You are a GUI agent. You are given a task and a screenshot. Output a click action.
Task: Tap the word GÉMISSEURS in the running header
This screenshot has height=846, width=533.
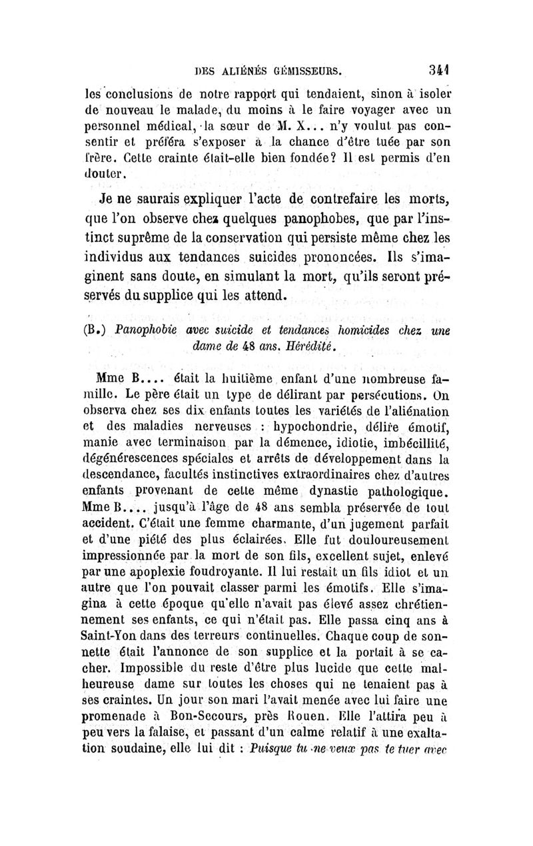(305, 69)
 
